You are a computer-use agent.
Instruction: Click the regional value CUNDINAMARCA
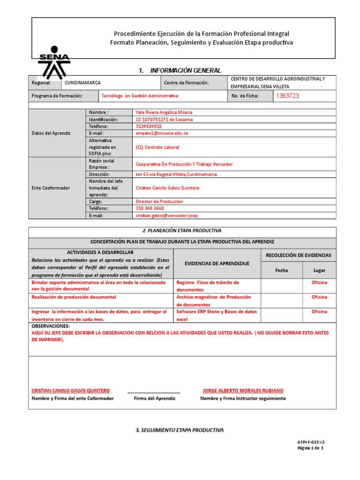click(82, 83)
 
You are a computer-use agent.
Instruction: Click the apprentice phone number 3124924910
click(149, 127)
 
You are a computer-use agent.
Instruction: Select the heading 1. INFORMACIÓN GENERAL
click(180, 70)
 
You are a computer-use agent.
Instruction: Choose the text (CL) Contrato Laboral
click(157, 147)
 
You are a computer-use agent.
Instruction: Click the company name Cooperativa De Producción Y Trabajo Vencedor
click(184, 165)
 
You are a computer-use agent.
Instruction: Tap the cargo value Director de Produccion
click(159, 202)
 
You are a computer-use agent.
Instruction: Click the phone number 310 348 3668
click(150, 209)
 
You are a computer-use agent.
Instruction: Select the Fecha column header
click(282, 270)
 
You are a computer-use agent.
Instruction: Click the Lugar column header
click(319, 270)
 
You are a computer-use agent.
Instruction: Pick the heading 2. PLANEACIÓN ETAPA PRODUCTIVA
click(182, 231)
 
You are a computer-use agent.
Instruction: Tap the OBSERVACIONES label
click(50, 326)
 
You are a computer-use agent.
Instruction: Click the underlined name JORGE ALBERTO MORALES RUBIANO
click(243, 390)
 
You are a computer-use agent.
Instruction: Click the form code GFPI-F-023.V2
click(310, 442)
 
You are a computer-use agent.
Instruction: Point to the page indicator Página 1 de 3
click(310, 448)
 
